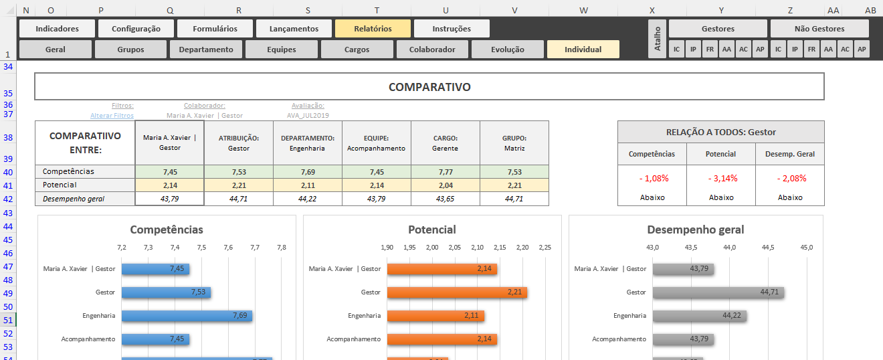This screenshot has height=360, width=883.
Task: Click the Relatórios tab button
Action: tap(373, 29)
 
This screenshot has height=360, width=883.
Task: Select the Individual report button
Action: tap(583, 50)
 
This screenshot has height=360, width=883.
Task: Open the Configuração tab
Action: tap(136, 29)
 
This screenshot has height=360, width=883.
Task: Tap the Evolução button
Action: tap(507, 50)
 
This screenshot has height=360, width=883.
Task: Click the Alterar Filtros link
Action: tap(112, 115)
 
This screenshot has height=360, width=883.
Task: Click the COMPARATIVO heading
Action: tap(429, 87)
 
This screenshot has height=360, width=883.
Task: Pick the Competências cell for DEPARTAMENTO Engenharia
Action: tap(307, 172)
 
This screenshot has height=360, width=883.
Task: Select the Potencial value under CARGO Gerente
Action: tap(445, 185)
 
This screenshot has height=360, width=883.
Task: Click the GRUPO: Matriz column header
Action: tap(514, 143)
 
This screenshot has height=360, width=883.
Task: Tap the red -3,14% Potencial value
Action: tap(720, 179)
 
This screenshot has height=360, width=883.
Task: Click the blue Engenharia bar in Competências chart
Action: tap(187, 316)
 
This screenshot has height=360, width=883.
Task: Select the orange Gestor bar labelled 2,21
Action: tap(457, 292)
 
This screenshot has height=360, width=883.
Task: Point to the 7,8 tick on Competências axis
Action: tap(281, 248)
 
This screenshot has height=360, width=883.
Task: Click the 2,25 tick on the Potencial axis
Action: tap(545, 248)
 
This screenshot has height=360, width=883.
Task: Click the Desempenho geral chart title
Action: tap(695, 230)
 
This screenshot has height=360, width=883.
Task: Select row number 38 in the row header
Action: tap(8, 137)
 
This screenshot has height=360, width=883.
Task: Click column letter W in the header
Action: tap(583, 10)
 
